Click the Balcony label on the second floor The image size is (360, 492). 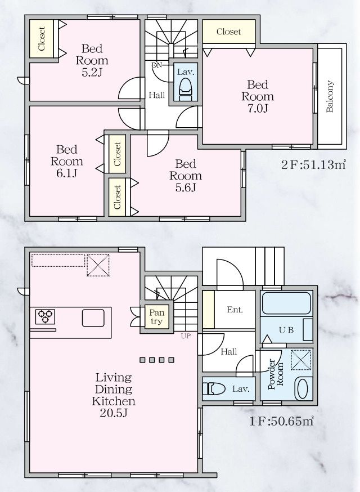[x=330, y=97]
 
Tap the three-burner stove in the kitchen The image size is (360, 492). [x=44, y=316]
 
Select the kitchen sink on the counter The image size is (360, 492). [x=93, y=318]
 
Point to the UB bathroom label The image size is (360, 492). [x=286, y=330]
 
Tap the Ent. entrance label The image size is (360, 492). [x=235, y=309]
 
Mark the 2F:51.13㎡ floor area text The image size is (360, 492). [x=313, y=166]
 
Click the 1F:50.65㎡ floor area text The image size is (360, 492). [x=282, y=421]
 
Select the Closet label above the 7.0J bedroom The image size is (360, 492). [x=228, y=32]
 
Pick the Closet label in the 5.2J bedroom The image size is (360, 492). [x=42, y=38]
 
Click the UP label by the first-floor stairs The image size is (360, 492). [x=185, y=337]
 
